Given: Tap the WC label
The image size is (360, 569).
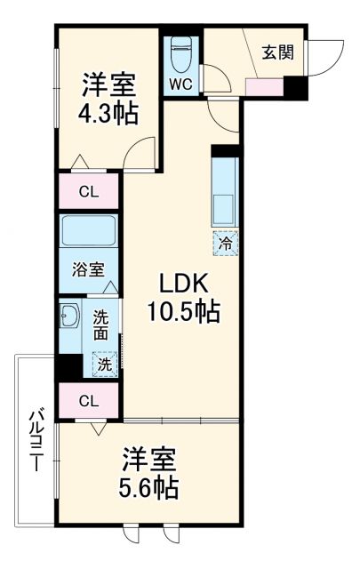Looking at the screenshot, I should tap(180, 85).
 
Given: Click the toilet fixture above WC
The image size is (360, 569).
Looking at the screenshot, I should tap(180, 55).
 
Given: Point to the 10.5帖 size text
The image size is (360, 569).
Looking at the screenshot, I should tap(183, 312).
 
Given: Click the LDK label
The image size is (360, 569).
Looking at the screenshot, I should tap(182, 284).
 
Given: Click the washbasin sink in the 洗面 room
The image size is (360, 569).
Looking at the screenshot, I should tap(69, 318).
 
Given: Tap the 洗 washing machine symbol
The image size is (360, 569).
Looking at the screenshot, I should tap(104, 364).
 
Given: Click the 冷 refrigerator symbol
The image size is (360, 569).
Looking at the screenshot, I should tap(226, 240).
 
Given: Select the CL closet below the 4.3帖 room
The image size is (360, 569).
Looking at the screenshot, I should tap(88, 189).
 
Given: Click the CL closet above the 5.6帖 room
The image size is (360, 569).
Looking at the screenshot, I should tap(88, 401).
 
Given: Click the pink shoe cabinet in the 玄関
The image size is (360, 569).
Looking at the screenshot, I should tap(264, 87).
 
